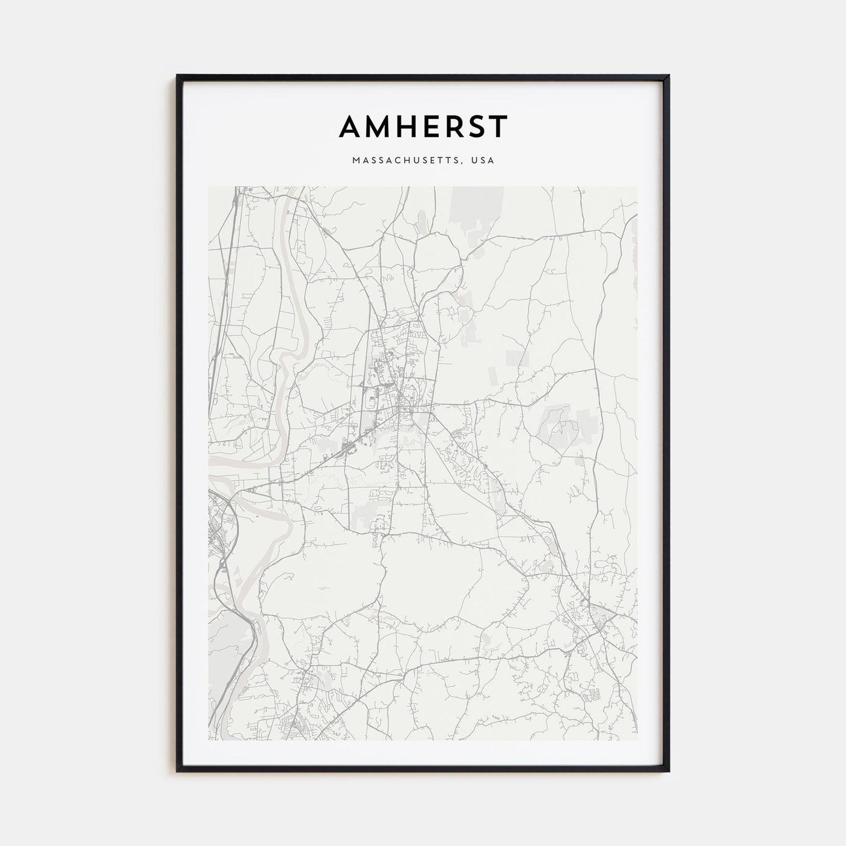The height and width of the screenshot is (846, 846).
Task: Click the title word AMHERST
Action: [x=423, y=126]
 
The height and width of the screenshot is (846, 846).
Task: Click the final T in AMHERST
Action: [x=498, y=126]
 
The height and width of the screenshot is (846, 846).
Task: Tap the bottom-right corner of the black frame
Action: [x=668, y=771]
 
